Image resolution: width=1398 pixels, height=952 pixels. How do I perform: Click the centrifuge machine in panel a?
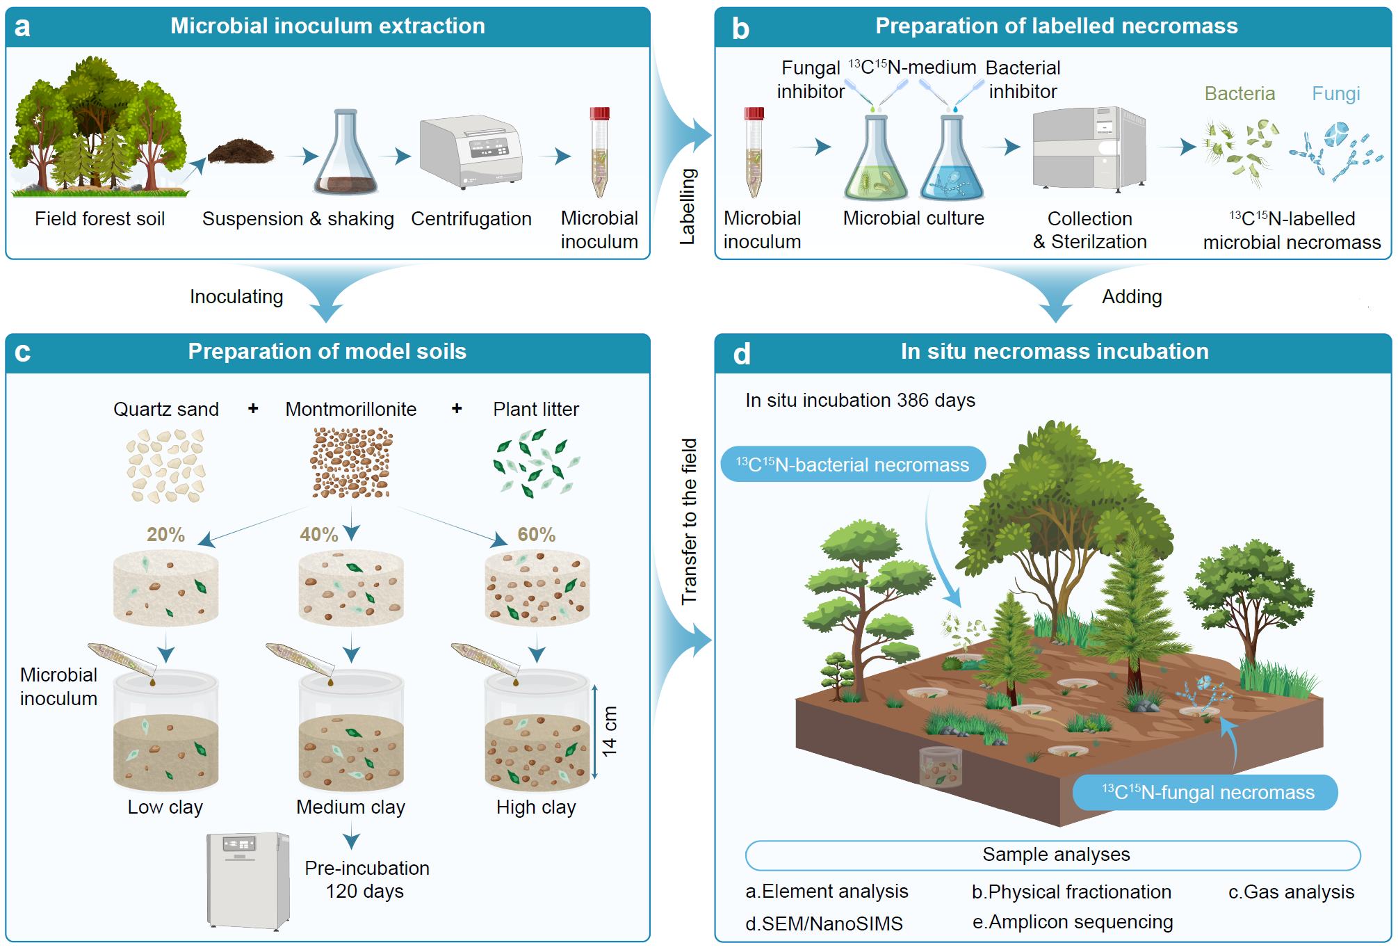click(471, 153)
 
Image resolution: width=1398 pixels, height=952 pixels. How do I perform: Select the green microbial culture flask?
click(875, 163)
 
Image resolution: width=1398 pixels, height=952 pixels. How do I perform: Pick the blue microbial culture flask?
click(951, 163)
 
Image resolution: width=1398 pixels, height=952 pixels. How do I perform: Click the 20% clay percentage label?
click(165, 534)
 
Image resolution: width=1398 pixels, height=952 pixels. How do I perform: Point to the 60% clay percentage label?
click(536, 534)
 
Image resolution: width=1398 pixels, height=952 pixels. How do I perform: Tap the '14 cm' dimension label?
click(610, 732)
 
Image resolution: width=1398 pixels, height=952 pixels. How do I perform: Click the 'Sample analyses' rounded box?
click(1052, 855)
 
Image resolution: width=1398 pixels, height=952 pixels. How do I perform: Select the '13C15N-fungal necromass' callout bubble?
click(1205, 792)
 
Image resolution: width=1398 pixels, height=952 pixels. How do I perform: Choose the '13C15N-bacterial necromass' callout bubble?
click(852, 465)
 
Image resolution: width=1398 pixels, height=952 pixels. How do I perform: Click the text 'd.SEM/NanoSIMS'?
click(824, 923)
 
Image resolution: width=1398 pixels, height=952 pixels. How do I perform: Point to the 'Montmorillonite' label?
click(350, 409)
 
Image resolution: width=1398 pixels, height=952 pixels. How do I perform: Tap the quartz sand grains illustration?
click(165, 465)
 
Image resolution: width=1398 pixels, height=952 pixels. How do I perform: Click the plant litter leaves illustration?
click(536, 462)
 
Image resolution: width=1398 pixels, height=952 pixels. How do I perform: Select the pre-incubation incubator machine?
click(248, 880)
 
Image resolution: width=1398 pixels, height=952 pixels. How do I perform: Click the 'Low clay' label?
click(165, 807)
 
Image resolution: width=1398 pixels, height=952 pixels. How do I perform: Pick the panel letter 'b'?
click(740, 29)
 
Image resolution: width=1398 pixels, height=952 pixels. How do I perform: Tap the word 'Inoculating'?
click(236, 297)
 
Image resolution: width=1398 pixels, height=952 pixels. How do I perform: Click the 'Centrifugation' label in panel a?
click(471, 218)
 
